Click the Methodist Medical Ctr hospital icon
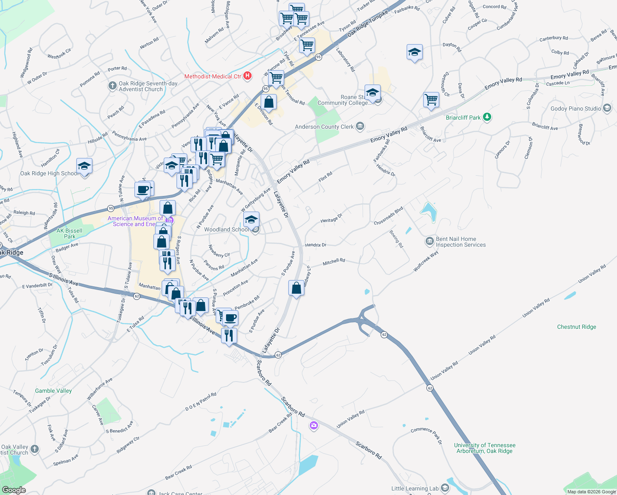point(247,76)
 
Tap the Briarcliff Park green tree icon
point(487,117)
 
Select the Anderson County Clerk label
point(324,127)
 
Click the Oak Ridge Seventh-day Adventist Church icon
point(112,86)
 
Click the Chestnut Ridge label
point(577,327)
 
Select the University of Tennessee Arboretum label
point(485,448)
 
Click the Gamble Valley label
point(53,391)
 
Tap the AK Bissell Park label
point(69,233)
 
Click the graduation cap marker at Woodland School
point(251,219)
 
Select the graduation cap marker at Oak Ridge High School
point(84,166)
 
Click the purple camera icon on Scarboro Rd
point(314,425)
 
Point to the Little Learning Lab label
point(415,488)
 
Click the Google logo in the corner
point(14,490)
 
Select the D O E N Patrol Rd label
point(201,401)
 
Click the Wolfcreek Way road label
point(426,262)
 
